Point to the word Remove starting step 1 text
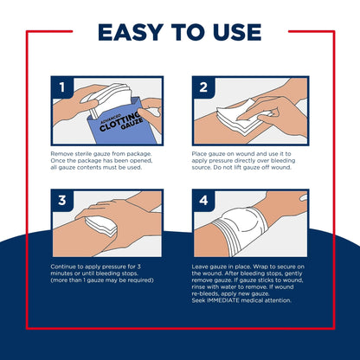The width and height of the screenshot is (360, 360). click(63, 153)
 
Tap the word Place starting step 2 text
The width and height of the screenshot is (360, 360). click(200, 153)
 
